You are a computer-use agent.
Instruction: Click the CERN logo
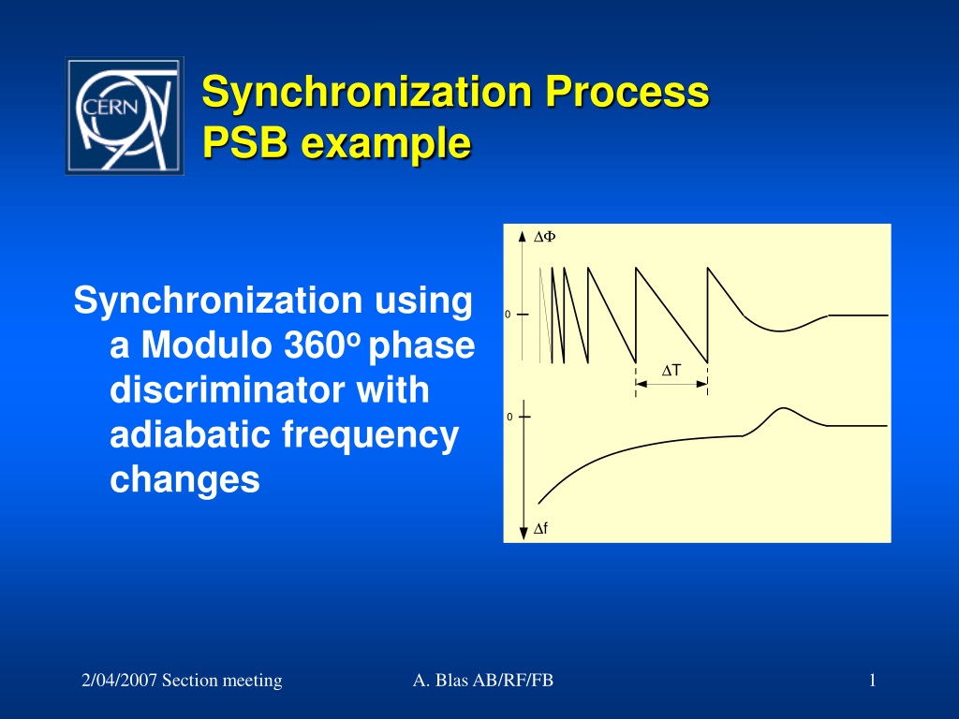coord(125,116)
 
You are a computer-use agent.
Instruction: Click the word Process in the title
coord(627,91)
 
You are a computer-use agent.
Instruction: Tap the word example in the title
coord(386,144)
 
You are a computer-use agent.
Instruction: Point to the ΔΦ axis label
coord(544,237)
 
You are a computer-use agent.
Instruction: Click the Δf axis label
coord(540,528)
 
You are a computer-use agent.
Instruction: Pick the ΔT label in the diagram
coord(671,371)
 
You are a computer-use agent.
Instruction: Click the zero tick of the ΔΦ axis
coord(523,315)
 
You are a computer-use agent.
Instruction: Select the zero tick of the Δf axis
coord(524,417)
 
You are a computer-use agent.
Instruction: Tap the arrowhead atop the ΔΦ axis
coord(522,237)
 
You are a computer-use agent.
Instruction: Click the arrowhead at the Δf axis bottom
coord(524,533)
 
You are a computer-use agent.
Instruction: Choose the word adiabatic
coord(190,434)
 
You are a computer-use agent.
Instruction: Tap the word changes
coord(184,480)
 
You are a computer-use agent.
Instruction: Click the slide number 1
coord(873,680)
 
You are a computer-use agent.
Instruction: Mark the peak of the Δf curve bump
coord(783,408)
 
